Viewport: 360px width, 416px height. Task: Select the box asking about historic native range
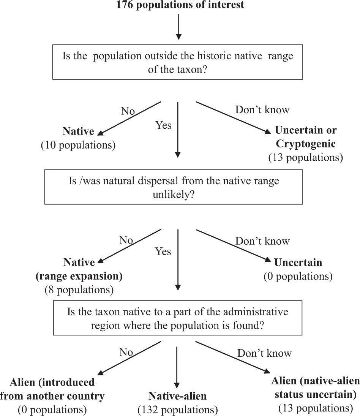click(x=178, y=63)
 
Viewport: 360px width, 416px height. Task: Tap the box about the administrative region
click(x=178, y=318)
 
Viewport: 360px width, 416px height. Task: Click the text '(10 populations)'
click(x=78, y=146)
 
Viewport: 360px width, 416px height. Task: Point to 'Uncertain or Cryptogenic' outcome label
click(x=306, y=137)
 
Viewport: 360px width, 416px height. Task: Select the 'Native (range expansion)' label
click(x=79, y=269)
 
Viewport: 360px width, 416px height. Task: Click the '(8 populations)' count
click(x=79, y=290)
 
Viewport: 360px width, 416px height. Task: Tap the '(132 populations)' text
click(x=178, y=410)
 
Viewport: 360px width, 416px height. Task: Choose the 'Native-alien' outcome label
click(x=178, y=396)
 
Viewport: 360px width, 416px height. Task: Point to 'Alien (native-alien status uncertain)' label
click(x=314, y=387)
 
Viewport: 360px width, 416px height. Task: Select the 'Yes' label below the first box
click(x=163, y=125)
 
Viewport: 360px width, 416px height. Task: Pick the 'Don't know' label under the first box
click(x=262, y=110)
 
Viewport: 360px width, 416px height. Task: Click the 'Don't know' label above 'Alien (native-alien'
click(x=264, y=353)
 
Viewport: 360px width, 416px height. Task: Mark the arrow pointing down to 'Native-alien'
click(x=177, y=365)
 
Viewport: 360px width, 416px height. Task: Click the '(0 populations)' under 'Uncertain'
click(x=298, y=276)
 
